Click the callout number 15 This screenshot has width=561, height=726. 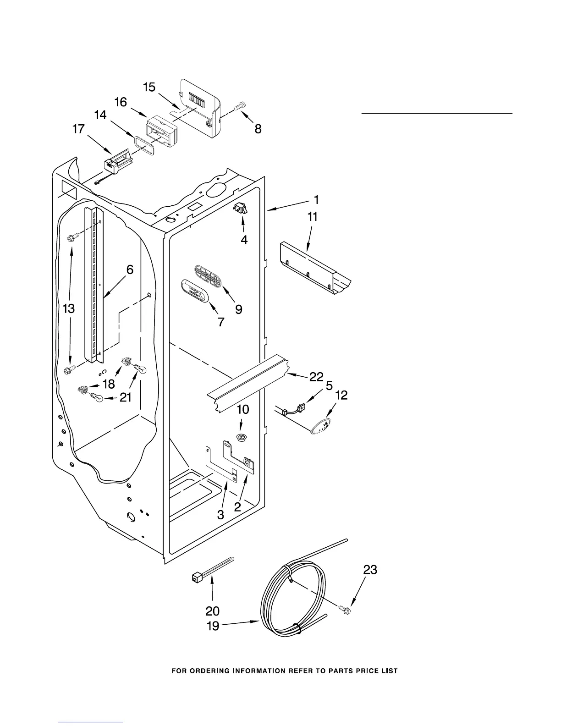click(149, 87)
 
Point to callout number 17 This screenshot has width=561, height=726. click(78, 129)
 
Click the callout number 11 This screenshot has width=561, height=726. click(312, 216)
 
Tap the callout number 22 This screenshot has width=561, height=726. click(316, 376)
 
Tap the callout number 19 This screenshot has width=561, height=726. click(214, 626)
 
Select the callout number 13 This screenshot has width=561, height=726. click(68, 308)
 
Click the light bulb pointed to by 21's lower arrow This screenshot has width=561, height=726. click(97, 398)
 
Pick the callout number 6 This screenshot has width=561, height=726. click(130, 269)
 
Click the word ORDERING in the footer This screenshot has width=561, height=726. click(213, 671)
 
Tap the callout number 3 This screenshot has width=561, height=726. click(220, 514)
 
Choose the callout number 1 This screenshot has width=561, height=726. click(316, 199)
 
